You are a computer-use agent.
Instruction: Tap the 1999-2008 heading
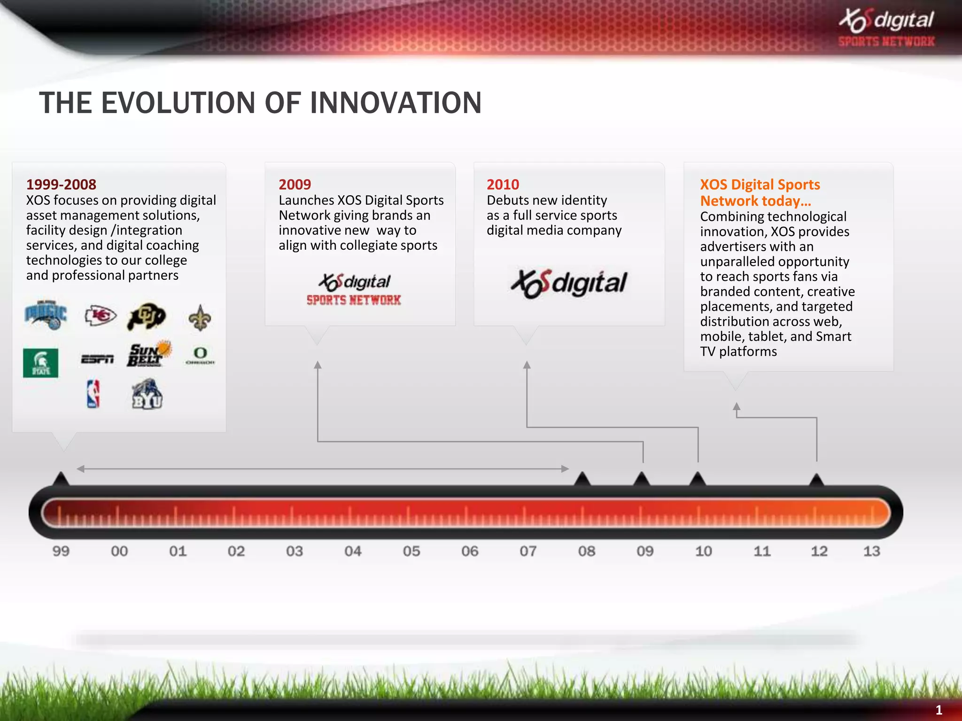click(x=61, y=184)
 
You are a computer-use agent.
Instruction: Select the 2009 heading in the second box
click(x=295, y=184)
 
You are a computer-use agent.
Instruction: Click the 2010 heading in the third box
click(x=503, y=184)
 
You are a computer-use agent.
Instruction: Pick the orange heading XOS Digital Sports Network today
click(x=760, y=192)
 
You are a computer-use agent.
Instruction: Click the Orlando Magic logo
click(x=46, y=315)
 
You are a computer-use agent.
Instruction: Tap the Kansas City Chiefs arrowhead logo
click(x=101, y=315)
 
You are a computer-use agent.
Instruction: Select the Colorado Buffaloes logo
click(x=147, y=316)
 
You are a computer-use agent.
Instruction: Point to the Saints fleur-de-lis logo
click(x=200, y=318)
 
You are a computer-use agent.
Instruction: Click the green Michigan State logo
click(x=41, y=363)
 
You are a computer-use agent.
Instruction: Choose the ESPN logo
click(x=97, y=359)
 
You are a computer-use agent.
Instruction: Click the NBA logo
click(x=93, y=393)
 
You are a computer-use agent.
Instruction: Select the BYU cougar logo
click(x=147, y=394)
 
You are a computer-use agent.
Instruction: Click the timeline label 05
click(x=411, y=551)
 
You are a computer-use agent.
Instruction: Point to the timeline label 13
click(x=871, y=551)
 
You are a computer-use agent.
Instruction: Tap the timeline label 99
click(x=61, y=551)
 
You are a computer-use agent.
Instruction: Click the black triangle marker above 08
click(x=582, y=479)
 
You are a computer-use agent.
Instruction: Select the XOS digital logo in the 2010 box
click(x=569, y=284)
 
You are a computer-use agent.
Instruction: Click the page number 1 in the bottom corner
click(x=939, y=710)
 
